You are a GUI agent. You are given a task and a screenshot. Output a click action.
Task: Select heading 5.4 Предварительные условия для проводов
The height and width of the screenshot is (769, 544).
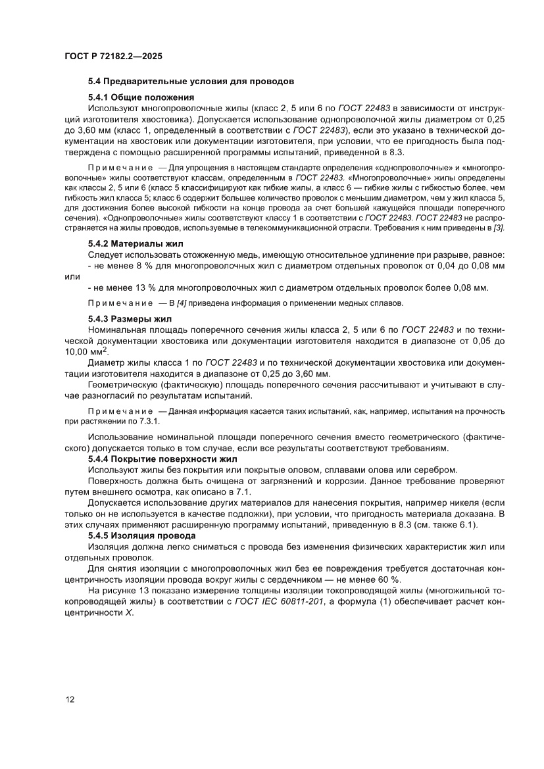(x=190, y=82)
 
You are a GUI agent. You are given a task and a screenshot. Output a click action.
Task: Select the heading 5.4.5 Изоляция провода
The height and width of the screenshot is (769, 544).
(x=141, y=536)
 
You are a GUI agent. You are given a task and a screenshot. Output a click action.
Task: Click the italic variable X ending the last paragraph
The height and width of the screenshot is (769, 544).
(x=129, y=612)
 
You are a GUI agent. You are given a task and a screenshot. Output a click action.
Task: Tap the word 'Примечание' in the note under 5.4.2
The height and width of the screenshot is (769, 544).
(x=116, y=303)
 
